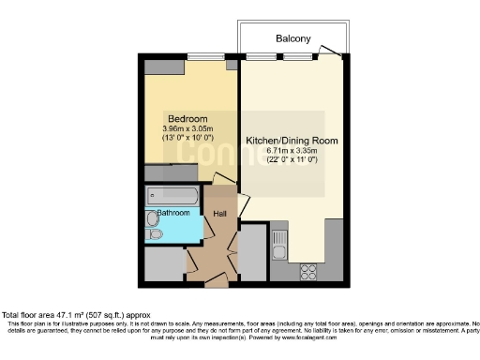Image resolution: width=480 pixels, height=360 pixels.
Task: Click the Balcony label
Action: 292,38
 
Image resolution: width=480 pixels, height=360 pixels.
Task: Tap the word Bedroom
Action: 187,118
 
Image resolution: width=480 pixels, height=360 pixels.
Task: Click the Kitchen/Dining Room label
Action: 292,141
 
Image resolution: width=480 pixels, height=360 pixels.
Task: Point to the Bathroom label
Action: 173,213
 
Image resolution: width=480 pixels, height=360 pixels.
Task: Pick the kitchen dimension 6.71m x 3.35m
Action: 292,151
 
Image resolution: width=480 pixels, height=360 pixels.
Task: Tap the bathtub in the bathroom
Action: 173,196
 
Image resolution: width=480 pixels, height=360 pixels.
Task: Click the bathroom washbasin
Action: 153,218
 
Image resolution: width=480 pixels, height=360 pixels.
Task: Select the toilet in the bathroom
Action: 155,234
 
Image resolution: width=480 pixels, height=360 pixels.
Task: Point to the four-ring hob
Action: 308,270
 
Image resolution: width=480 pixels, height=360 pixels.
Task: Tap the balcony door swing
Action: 329,51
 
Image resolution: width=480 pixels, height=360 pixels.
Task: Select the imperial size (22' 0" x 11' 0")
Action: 292,161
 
